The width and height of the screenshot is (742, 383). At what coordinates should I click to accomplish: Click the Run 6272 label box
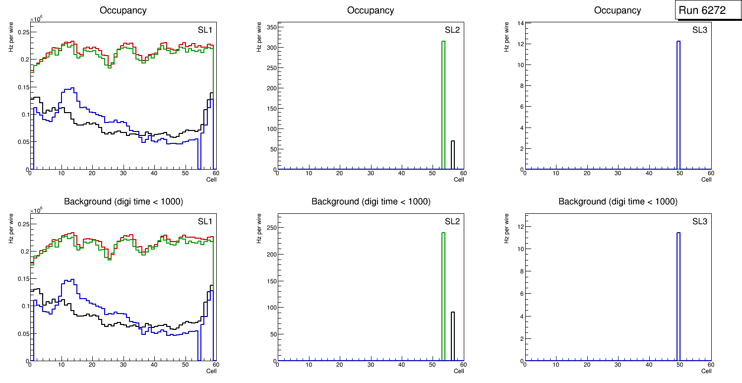(x=708, y=10)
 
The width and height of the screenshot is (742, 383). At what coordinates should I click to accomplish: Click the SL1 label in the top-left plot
(x=205, y=30)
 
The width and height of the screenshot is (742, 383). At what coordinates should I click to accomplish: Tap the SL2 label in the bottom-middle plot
(x=452, y=221)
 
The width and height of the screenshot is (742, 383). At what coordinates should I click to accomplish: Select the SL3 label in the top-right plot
(x=699, y=30)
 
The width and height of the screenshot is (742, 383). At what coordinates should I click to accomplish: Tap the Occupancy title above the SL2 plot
(x=371, y=10)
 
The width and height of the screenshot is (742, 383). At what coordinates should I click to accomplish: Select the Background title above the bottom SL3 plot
(x=618, y=202)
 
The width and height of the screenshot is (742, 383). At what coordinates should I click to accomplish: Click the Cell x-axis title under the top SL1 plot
(x=211, y=180)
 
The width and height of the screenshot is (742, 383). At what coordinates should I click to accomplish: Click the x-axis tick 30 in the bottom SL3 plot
(x=618, y=365)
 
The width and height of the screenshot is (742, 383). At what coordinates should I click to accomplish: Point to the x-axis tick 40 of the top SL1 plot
(x=154, y=174)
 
